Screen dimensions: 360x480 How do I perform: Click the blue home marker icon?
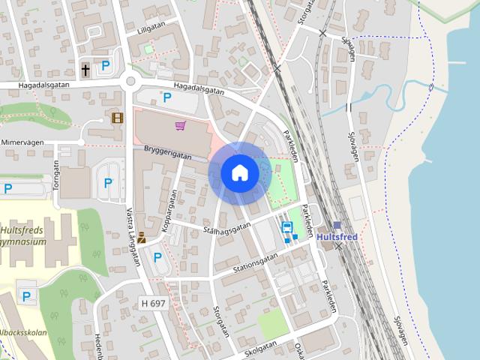(x=240, y=173)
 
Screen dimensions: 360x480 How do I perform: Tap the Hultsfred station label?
(x=337, y=237)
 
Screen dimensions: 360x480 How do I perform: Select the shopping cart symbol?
(x=180, y=126)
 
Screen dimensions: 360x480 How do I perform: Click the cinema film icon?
(x=117, y=117)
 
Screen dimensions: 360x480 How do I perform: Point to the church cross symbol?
(x=85, y=70)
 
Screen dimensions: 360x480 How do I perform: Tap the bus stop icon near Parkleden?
(x=286, y=226)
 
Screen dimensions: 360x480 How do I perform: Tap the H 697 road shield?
(x=152, y=303)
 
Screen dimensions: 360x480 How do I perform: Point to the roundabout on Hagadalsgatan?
(x=132, y=82)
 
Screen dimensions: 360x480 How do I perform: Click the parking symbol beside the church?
(x=106, y=66)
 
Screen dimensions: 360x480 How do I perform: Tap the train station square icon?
(x=337, y=224)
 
